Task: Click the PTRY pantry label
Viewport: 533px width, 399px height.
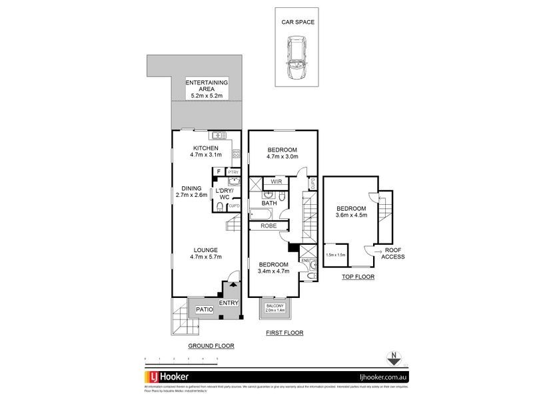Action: click(233, 172)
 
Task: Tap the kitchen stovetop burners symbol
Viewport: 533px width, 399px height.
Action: click(236, 154)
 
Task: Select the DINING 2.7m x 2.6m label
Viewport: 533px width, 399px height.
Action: click(191, 191)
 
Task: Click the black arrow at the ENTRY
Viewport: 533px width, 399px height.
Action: click(231, 287)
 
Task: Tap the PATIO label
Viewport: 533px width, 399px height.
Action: click(204, 309)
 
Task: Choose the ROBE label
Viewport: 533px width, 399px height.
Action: click(268, 226)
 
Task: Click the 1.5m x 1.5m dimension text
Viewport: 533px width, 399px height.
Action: click(335, 255)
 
